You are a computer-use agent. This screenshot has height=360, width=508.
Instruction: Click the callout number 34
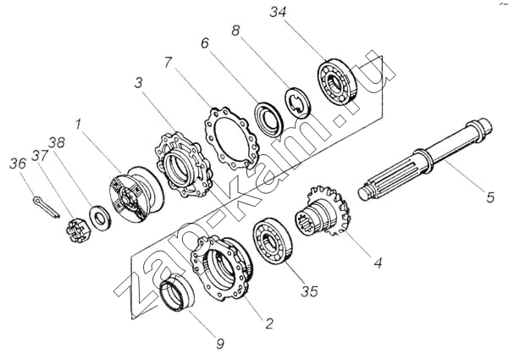click(x=279, y=13)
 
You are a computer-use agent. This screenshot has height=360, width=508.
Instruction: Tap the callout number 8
click(x=235, y=30)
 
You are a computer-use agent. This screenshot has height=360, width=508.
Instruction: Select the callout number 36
click(x=18, y=164)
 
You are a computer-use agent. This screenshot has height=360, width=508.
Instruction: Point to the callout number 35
click(x=309, y=291)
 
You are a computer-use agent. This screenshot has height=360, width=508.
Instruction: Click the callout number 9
click(x=220, y=344)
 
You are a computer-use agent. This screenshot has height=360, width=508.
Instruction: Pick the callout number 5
click(x=490, y=197)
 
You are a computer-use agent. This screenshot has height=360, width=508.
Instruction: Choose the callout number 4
click(x=378, y=263)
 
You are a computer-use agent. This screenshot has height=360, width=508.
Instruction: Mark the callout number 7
click(x=168, y=62)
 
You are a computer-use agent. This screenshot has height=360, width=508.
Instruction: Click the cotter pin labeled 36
click(x=47, y=208)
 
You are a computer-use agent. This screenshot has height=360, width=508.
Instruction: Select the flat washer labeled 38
click(x=100, y=218)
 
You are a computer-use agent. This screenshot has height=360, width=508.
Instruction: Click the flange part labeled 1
click(x=135, y=194)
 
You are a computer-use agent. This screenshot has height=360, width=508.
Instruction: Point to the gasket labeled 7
click(x=232, y=138)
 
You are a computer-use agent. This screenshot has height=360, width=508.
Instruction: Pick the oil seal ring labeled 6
click(x=269, y=119)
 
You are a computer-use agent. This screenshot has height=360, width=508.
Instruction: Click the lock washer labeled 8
click(x=298, y=102)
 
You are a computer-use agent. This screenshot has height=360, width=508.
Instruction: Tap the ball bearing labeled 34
click(x=337, y=82)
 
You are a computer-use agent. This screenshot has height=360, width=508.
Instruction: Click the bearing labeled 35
click(x=273, y=241)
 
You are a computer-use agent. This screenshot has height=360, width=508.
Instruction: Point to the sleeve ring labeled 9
click(x=177, y=293)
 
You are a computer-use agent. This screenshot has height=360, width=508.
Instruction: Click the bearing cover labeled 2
click(x=222, y=268)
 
